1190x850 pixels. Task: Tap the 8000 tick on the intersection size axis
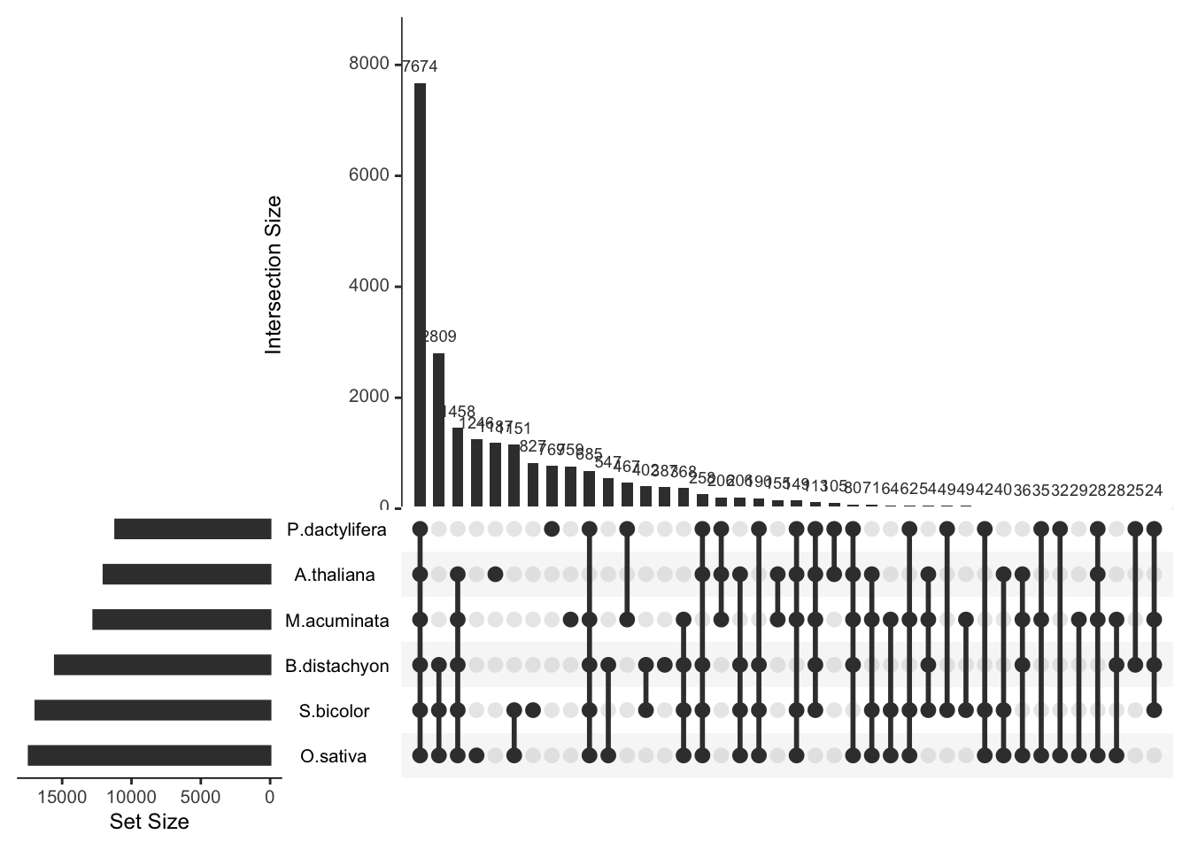[x=369, y=64]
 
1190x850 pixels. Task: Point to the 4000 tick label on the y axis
[x=369, y=287]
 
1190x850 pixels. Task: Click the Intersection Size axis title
[x=274, y=274]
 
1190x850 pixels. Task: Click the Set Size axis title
[x=149, y=822]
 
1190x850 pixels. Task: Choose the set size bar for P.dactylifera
[x=192, y=529]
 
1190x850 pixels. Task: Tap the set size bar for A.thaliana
[x=187, y=575]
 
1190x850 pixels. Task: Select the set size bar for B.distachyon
[x=162, y=665]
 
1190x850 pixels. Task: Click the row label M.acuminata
[x=336, y=621]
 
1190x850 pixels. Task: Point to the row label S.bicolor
[x=334, y=711]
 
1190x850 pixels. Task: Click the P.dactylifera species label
[x=336, y=530]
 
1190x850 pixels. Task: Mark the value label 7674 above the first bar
[x=420, y=66]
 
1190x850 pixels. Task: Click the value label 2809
[x=439, y=336]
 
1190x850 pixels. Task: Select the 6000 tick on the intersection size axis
[x=369, y=175]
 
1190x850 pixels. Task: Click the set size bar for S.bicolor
[x=152, y=710]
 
